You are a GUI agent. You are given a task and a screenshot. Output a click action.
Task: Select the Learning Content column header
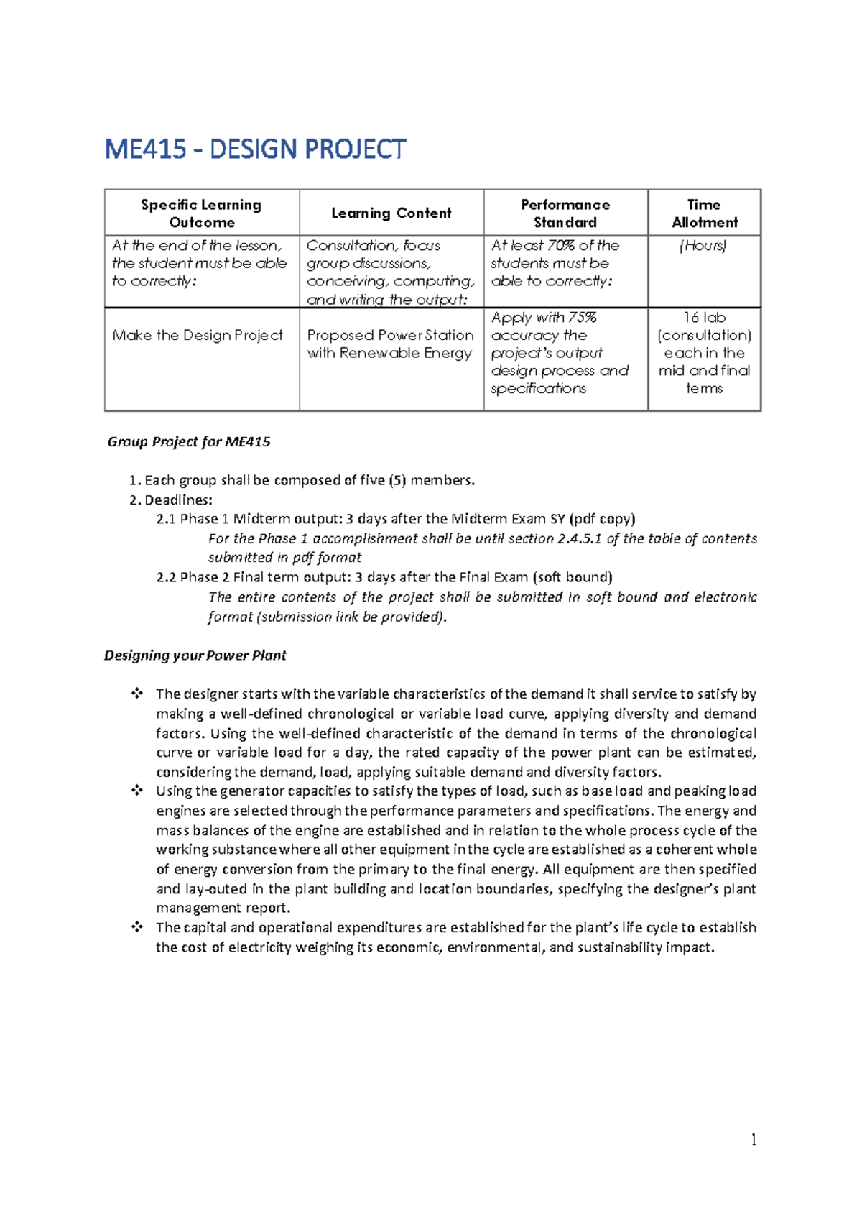pos(391,213)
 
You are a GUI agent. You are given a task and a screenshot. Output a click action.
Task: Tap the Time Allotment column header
pos(704,213)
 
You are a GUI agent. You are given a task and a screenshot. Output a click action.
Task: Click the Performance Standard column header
pos(565,213)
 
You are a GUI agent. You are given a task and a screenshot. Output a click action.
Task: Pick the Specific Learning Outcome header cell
pos(201,213)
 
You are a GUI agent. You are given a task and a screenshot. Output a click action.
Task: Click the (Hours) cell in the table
pos(703,246)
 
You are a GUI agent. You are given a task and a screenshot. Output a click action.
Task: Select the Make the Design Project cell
pos(198,335)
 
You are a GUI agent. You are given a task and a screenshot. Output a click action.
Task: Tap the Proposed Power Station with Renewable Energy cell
pos(390,344)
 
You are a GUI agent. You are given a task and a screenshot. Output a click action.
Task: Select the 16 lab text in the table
pos(704,318)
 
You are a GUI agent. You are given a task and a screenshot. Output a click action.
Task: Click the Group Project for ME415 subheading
pos(189,441)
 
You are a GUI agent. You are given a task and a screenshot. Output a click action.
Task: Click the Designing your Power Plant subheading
pos(195,655)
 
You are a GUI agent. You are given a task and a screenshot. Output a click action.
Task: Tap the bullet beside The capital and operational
pos(136,927)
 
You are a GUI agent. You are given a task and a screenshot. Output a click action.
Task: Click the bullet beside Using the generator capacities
pos(136,791)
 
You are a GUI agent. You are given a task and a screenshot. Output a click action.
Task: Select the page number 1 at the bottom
pos(754,1139)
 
